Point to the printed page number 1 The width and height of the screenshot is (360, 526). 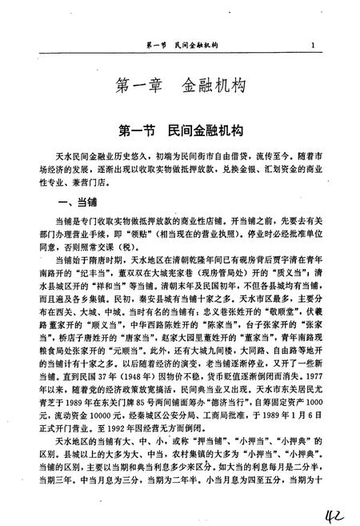click(319, 46)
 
